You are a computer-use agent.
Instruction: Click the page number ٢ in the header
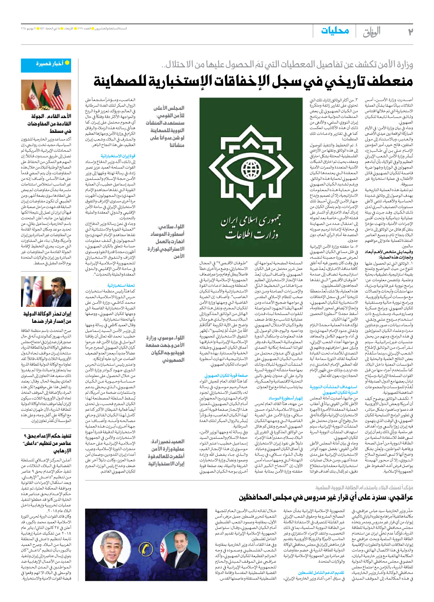410,32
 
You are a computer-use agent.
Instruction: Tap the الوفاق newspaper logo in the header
372,32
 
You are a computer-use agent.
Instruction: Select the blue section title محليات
335,31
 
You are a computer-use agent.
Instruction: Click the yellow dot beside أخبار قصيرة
67,63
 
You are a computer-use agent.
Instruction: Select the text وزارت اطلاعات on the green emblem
252,235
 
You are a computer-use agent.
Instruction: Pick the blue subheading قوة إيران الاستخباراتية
118,156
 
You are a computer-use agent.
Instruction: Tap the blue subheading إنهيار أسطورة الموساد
285,398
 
